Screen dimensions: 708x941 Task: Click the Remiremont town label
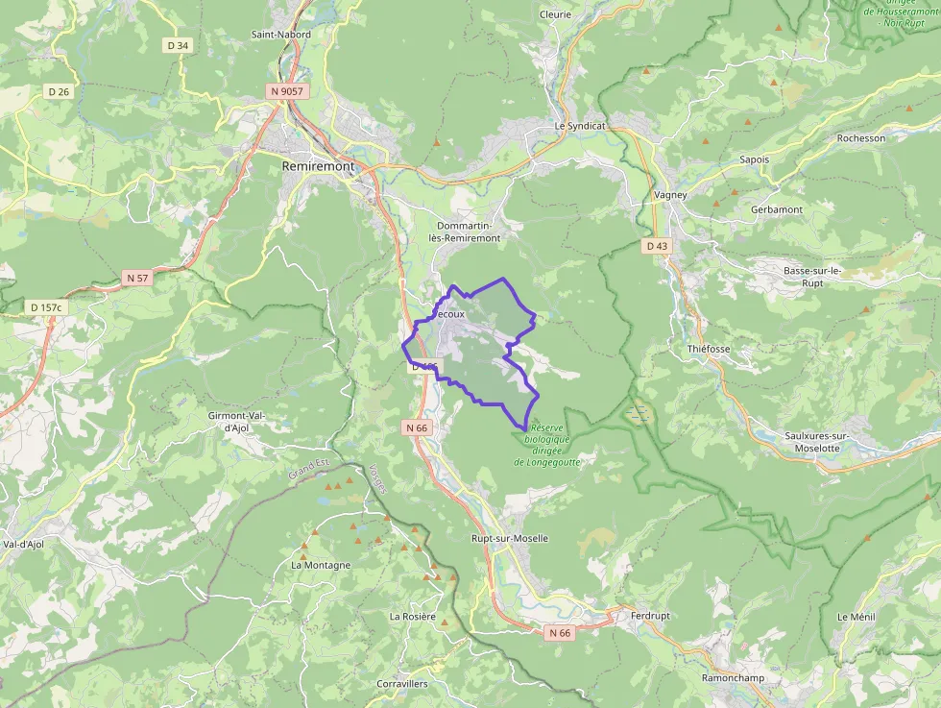coord(318,166)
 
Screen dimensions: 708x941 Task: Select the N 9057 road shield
coord(285,91)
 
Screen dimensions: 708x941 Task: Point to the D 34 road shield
coord(178,45)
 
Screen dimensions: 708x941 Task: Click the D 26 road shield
coord(59,92)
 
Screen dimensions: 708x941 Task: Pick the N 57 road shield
coord(137,278)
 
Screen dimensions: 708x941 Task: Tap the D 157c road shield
coord(45,307)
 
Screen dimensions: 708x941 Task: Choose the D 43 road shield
coord(657,246)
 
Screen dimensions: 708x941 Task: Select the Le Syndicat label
coord(580,126)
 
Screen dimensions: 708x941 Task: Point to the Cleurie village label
coord(555,14)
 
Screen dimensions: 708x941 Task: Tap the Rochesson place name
coord(860,138)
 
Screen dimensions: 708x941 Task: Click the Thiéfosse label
coord(709,349)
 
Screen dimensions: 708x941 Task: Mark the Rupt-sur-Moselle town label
coord(509,539)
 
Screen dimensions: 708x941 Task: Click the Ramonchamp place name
coord(732,677)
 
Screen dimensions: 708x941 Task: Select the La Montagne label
coord(321,565)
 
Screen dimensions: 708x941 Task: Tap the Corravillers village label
coord(402,684)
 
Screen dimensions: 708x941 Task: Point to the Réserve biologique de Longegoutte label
coord(548,444)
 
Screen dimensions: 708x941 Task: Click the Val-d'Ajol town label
coord(24,544)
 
